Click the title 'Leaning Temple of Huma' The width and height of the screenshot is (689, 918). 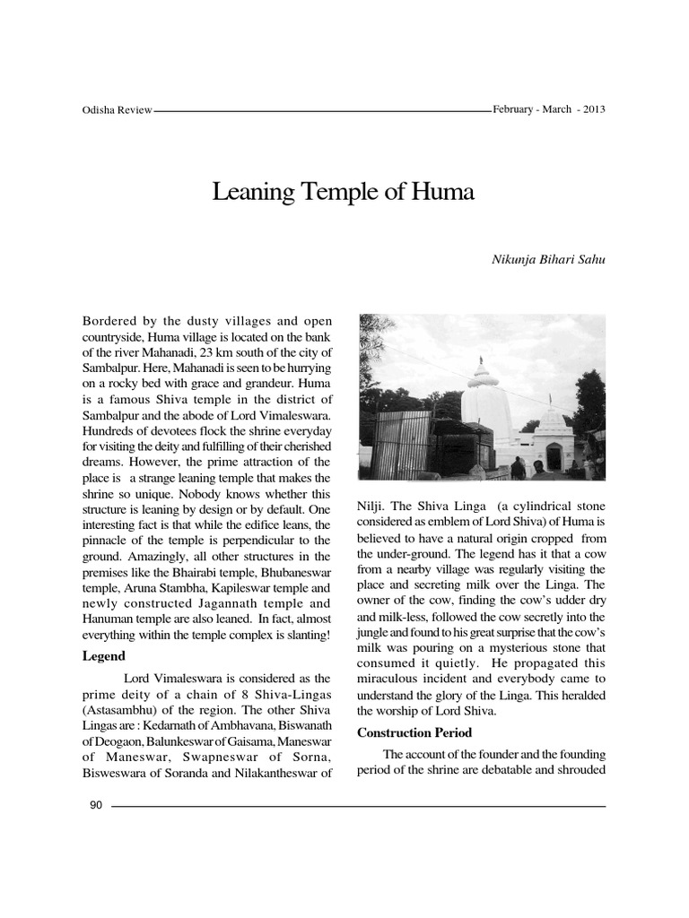(344, 191)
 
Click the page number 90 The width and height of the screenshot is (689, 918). (98, 804)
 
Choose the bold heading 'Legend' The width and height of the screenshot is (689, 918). (103, 656)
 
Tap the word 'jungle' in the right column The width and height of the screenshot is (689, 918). (374, 633)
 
